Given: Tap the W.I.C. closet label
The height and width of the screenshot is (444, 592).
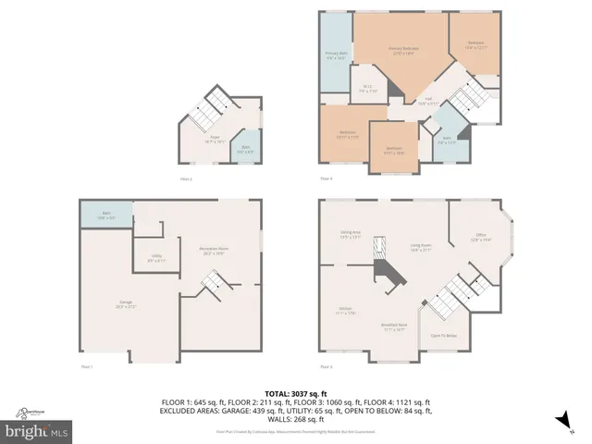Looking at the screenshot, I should point(367,90).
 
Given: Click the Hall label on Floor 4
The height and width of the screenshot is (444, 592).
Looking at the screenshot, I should point(428,101).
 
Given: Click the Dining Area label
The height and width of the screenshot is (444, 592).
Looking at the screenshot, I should point(350,235).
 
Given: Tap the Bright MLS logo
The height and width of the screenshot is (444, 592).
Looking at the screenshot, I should point(37,431).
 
